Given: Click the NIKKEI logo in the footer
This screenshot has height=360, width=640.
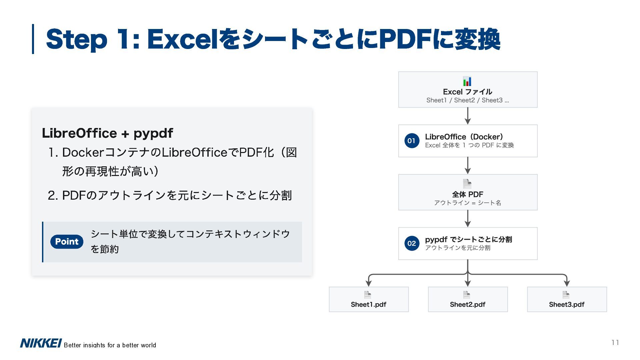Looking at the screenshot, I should (41, 343).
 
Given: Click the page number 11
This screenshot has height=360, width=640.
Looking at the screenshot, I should (615, 342).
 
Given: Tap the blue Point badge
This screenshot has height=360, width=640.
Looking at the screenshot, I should (67, 242).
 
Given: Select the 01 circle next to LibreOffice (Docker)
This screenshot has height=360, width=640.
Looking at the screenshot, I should (412, 141).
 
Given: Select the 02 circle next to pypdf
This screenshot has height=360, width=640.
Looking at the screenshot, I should (412, 243).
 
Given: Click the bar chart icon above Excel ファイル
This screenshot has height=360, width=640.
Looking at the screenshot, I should (467, 81).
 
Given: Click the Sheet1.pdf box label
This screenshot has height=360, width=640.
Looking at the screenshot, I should (368, 304).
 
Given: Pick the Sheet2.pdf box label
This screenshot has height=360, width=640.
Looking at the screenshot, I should (467, 304).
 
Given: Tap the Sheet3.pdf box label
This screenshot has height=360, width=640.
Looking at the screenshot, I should (566, 304).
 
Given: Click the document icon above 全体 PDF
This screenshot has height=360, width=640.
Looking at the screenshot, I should (467, 184).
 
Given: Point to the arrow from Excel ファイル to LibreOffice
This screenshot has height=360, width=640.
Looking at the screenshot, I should (468, 116).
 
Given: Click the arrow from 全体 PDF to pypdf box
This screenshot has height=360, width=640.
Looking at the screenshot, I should (468, 219).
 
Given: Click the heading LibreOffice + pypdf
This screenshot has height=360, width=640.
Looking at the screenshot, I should (107, 133).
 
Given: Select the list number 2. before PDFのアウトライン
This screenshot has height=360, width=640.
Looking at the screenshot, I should (53, 196).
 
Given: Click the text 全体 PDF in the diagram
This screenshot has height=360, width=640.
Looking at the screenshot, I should (467, 194).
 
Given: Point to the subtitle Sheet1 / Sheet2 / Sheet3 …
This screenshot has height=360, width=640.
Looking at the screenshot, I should (467, 100).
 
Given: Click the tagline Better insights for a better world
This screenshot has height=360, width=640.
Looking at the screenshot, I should (110, 345).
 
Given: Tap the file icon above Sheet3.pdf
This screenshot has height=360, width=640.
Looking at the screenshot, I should (566, 295).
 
